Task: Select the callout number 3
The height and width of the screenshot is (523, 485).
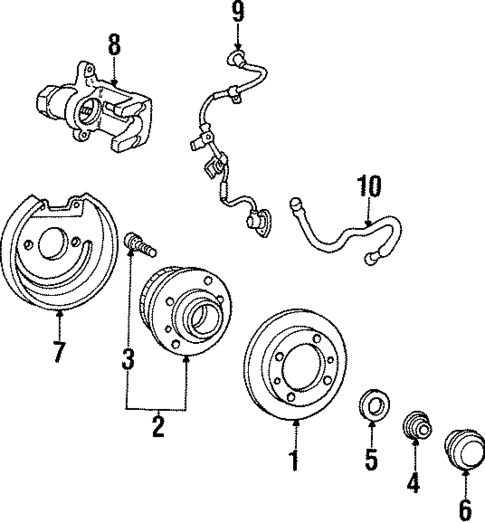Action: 128,358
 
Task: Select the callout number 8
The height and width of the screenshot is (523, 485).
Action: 114,46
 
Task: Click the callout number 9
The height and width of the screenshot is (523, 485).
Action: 237,13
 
